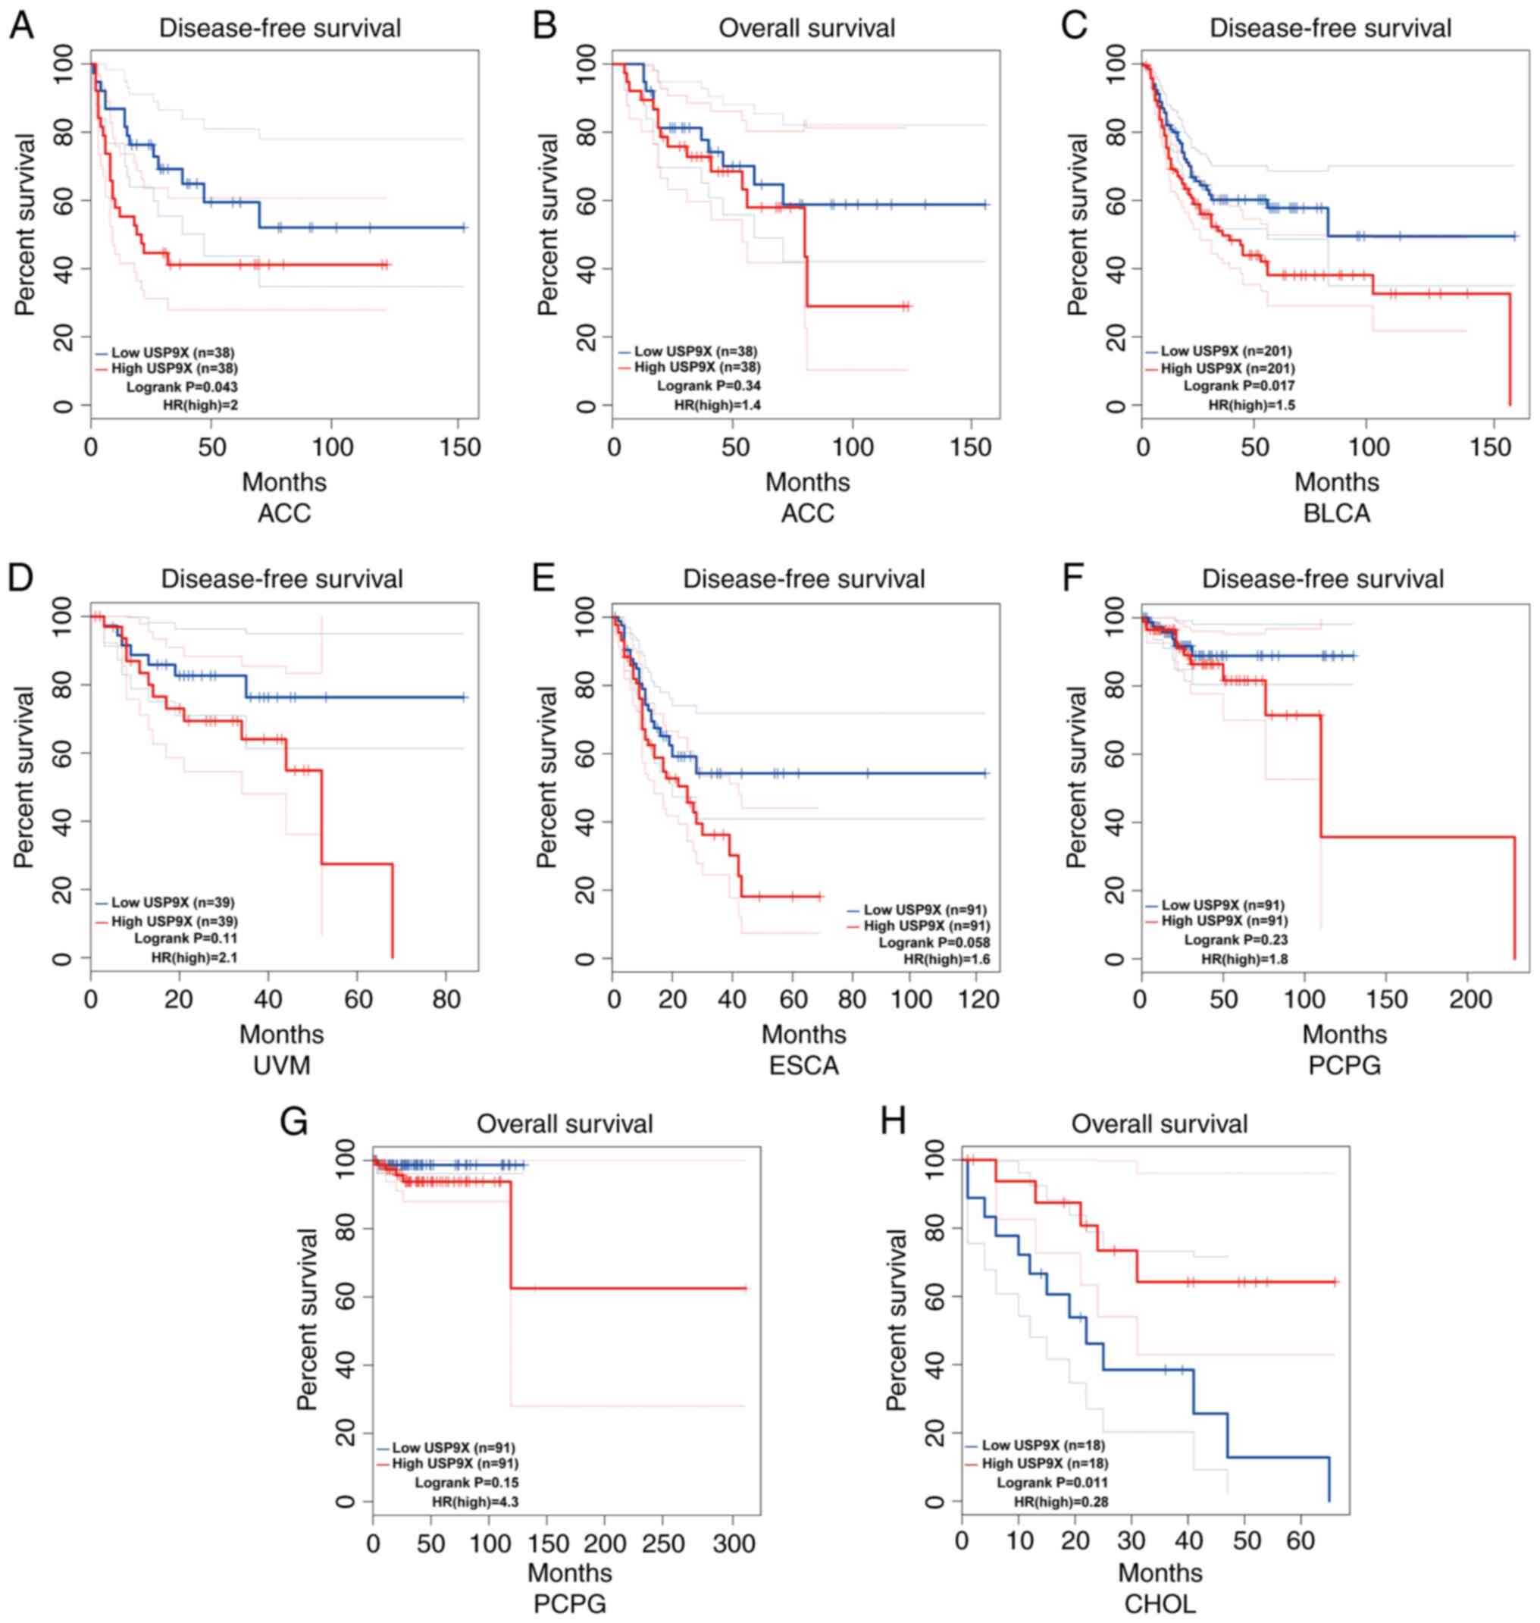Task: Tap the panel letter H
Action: click(x=893, y=1122)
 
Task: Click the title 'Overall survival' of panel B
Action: click(x=806, y=29)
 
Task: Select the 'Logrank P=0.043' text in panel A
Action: click(x=181, y=386)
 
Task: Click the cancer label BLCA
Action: click(x=1336, y=514)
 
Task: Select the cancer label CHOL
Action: click(x=1160, y=1603)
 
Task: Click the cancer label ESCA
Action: click(x=803, y=1067)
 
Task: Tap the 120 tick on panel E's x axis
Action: click(x=979, y=1000)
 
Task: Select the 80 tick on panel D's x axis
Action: click(x=445, y=1000)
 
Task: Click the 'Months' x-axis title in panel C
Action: click(x=1336, y=482)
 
